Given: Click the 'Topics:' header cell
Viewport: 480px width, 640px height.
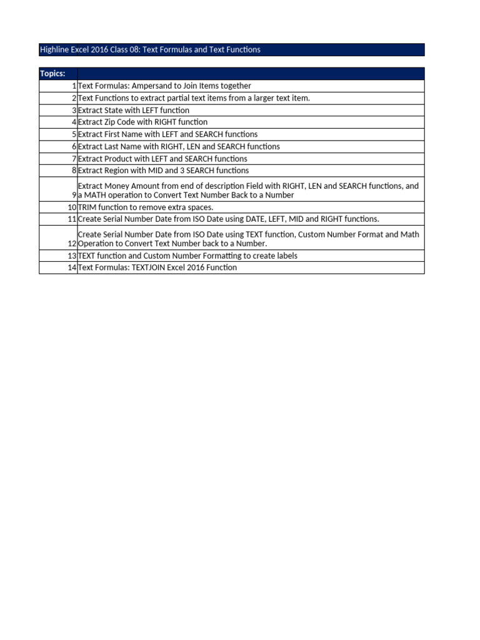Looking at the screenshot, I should coord(52,74).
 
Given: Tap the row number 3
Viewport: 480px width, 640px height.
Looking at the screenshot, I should coord(74,110).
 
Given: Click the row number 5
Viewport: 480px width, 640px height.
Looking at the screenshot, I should coord(74,134).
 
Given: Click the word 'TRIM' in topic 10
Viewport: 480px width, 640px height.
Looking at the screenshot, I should coord(87,207).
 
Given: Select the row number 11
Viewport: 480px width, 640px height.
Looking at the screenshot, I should coord(72,219).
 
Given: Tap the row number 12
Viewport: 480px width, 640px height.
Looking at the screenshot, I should coord(72,244).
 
